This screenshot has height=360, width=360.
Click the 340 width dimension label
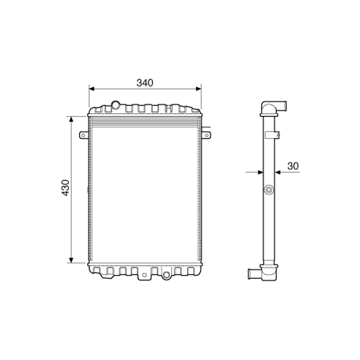tap(145, 82)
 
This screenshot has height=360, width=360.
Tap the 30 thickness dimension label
tap(293, 166)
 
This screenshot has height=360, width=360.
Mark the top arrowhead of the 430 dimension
tap(71, 119)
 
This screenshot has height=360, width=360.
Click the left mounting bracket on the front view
tap(84, 135)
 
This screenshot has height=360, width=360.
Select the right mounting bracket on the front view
tap(206, 135)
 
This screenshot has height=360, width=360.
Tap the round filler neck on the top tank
tap(116, 105)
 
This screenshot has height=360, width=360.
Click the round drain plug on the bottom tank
tap(166, 276)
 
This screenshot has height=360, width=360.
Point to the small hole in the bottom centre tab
tap(144, 275)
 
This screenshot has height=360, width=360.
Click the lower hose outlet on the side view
tap(254, 274)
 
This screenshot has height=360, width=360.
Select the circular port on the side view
tap(269, 189)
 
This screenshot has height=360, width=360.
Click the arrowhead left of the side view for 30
tap(261, 172)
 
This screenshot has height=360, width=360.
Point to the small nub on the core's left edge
tap(88, 189)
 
